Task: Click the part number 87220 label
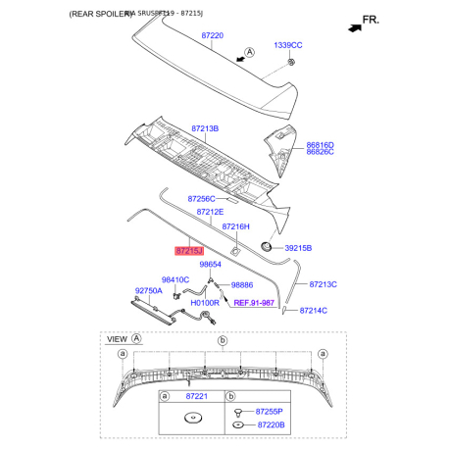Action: [x=213, y=35]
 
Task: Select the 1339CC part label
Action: [x=287, y=45]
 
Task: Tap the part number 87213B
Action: [x=205, y=128]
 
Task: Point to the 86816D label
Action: [x=320, y=145]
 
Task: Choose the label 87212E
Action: [x=210, y=212]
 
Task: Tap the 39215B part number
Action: [x=298, y=249]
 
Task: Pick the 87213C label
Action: [x=323, y=284]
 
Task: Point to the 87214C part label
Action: [x=313, y=310]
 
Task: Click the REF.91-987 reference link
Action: [x=254, y=304]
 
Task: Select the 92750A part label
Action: [x=148, y=291]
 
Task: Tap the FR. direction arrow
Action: [x=362, y=21]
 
